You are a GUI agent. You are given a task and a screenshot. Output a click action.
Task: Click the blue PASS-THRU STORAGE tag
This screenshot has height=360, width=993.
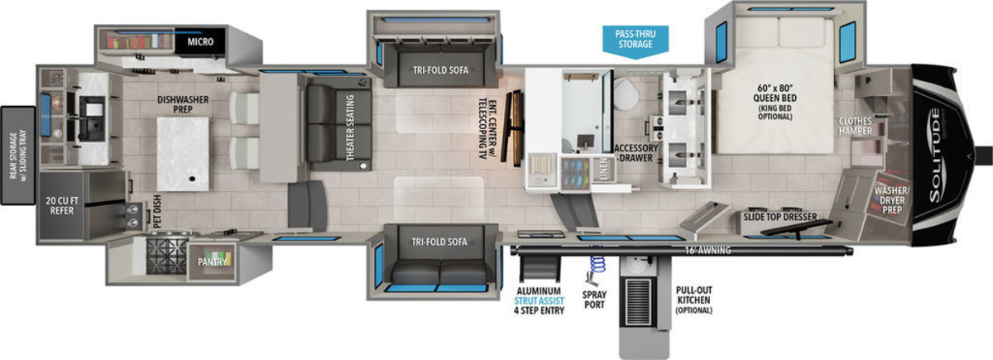(635, 38)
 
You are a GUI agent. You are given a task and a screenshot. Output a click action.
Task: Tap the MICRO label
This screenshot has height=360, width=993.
(202, 41)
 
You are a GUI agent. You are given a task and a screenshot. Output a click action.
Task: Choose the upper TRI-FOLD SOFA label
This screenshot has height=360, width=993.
(440, 70)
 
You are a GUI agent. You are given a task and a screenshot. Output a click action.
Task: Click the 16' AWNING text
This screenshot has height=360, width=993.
(704, 249)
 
